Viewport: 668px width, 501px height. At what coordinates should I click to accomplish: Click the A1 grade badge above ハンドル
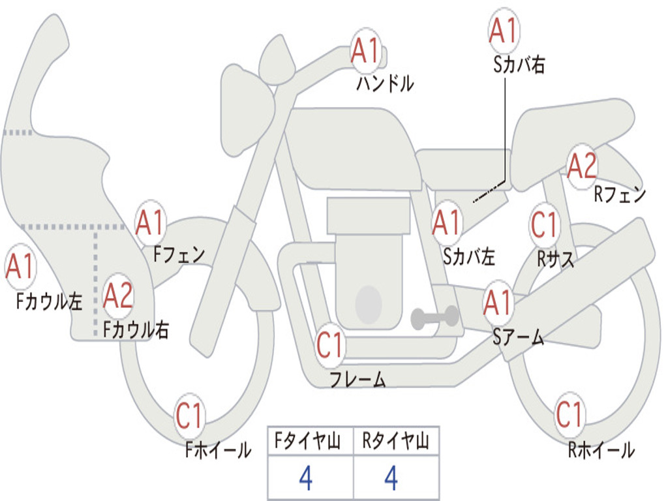(x=365, y=50)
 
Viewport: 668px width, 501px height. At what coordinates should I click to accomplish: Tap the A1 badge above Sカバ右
(x=503, y=31)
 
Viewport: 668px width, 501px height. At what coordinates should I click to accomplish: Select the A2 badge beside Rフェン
(x=582, y=166)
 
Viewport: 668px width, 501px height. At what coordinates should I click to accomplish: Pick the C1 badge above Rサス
(x=544, y=225)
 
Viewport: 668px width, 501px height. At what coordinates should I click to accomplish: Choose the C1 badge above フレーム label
(x=330, y=345)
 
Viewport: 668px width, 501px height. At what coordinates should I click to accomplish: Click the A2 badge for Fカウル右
(x=119, y=296)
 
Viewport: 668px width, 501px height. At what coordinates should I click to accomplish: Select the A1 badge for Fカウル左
(x=20, y=268)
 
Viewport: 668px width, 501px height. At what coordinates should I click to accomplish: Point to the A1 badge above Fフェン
(x=151, y=223)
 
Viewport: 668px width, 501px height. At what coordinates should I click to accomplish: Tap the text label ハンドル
(x=385, y=83)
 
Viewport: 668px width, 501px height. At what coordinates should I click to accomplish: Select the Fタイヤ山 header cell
(x=310, y=443)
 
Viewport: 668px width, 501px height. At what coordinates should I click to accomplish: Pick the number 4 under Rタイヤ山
(x=391, y=478)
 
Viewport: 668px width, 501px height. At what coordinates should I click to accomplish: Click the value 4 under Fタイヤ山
(x=305, y=478)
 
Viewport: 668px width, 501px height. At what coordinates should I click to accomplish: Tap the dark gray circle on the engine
(x=369, y=303)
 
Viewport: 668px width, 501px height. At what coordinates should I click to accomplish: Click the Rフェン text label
(x=620, y=194)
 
